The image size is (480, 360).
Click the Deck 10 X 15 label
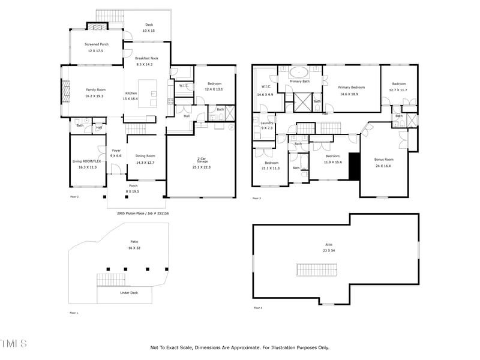click(x=148, y=28)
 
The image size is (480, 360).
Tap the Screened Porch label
click(x=96, y=47)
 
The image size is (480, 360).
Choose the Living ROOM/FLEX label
click(x=88, y=164)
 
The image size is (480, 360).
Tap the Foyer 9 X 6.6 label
click(x=116, y=154)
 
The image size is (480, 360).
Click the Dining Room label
click(x=145, y=160)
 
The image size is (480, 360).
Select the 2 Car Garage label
click(x=201, y=163)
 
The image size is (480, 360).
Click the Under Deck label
click(x=129, y=293)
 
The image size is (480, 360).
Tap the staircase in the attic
click(x=316, y=269)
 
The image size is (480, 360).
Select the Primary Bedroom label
click(x=352, y=91)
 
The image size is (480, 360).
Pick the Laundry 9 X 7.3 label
click(x=266, y=125)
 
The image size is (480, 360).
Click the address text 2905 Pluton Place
click(x=142, y=212)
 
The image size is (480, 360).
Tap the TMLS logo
click(x=13, y=344)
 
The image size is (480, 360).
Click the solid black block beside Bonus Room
click(x=354, y=165)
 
